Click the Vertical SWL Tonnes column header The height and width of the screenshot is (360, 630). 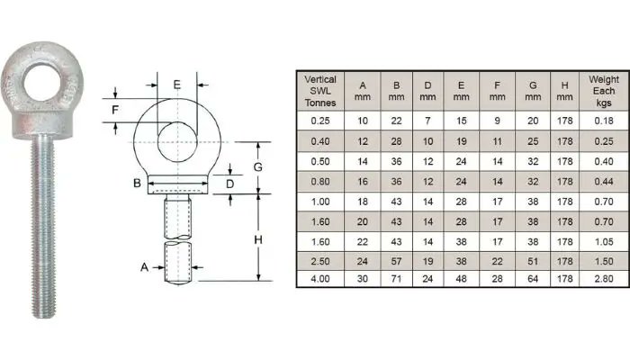pyautogui.click(x=320, y=91)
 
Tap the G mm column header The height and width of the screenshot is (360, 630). pyautogui.click(x=533, y=91)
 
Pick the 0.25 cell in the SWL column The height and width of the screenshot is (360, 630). pyautogui.click(x=320, y=120)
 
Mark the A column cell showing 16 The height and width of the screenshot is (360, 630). pyautogui.click(x=363, y=179)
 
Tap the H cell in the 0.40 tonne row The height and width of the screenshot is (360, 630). pyautogui.click(x=565, y=139)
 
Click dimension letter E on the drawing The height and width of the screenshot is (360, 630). pyautogui.click(x=177, y=85)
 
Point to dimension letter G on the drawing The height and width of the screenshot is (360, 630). pyautogui.click(x=257, y=167)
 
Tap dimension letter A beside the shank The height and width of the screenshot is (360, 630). pyautogui.click(x=144, y=267)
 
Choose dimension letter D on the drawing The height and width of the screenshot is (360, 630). pyautogui.click(x=230, y=184)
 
